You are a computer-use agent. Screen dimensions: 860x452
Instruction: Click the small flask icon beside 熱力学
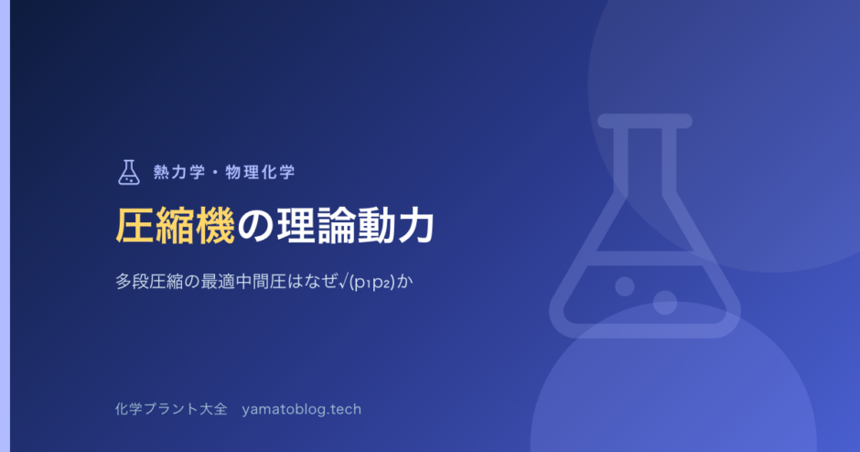[129, 172]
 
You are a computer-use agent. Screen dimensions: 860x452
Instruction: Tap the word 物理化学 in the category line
[260, 172]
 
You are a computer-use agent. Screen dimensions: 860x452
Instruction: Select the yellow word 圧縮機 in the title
[176, 225]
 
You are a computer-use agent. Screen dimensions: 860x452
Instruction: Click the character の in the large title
[255, 226]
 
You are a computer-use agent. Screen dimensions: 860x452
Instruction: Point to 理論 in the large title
[316, 225]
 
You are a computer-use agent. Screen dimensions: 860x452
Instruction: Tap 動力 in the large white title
[395, 225]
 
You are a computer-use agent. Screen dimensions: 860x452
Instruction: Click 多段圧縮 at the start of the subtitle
[149, 282]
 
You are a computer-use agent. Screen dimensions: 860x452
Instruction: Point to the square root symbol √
[343, 282]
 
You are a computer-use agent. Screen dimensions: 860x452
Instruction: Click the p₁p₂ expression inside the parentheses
[372, 283]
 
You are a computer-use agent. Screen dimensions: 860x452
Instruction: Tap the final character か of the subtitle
[404, 282]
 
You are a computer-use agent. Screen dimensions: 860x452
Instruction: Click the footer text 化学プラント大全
[171, 409]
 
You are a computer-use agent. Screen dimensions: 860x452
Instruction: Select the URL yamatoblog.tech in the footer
[302, 409]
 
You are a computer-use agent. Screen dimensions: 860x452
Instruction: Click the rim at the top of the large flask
[645, 121]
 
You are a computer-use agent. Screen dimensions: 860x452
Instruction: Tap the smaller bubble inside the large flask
[625, 286]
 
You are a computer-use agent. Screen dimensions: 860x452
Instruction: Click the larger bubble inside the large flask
[665, 303]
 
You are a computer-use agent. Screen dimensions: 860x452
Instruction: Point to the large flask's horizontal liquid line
[645, 258]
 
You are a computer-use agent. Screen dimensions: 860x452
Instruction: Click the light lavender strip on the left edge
[5, 226]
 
